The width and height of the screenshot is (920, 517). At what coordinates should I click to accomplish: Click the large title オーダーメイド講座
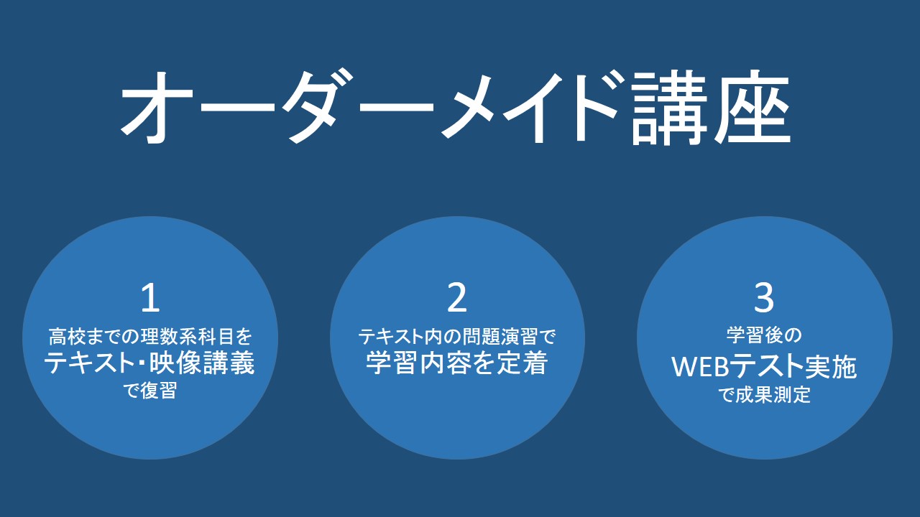pyautogui.click(x=455, y=108)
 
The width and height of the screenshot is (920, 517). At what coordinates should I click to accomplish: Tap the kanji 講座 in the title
pyautogui.click(x=711, y=108)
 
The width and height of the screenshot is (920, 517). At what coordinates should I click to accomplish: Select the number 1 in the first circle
pyautogui.click(x=150, y=298)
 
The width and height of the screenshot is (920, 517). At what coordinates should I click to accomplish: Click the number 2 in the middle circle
pyautogui.click(x=456, y=298)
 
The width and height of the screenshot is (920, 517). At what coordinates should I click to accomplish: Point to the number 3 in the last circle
pyautogui.click(x=764, y=298)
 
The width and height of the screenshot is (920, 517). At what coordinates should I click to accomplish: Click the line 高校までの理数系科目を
pyautogui.click(x=150, y=337)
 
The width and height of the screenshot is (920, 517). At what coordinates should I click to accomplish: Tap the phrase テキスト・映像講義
pyautogui.click(x=149, y=363)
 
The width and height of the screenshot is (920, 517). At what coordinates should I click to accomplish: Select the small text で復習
pyautogui.click(x=150, y=390)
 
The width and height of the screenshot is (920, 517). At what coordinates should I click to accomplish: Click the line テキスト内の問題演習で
pyautogui.click(x=456, y=337)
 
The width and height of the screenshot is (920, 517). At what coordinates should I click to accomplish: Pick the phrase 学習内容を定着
pyautogui.click(x=456, y=363)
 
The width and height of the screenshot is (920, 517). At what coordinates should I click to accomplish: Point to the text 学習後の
pyautogui.click(x=764, y=335)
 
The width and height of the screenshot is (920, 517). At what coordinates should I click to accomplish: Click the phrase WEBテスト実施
pyautogui.click(x=764, y=367)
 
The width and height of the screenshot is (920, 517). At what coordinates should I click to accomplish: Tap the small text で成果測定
pyautogui.click(x=764, y=395)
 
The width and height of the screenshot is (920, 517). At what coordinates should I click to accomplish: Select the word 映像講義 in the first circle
pyautogui.click(x=202, y=363)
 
